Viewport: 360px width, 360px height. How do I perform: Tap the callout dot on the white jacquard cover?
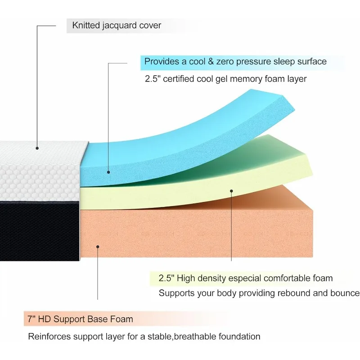coord(37,147)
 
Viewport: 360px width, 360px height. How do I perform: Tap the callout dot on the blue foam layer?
coord(108,171)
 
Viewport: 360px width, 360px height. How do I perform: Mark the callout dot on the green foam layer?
coord(231,191)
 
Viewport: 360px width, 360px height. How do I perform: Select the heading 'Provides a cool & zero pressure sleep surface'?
coord(235,61)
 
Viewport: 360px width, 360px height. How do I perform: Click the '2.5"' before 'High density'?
coord(166,279)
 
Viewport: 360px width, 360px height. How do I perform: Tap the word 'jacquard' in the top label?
coord(122,25)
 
